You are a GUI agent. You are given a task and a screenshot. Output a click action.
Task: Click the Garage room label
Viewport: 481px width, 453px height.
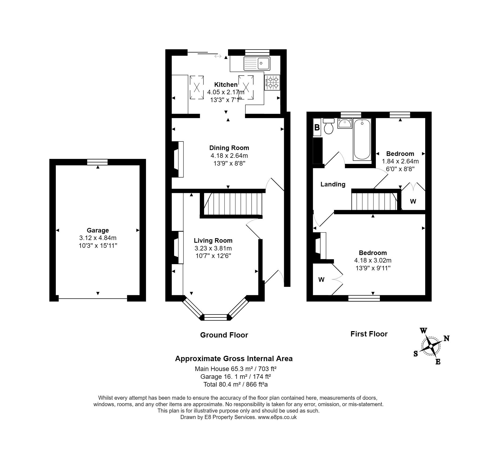(x=98, y=230)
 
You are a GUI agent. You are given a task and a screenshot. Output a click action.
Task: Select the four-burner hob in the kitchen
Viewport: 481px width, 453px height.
(x=272, y=82)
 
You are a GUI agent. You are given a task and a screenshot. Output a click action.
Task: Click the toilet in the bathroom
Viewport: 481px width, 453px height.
(x=329, y=126)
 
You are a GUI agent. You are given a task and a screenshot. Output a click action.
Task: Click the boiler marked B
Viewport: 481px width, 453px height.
(x=317, y=128)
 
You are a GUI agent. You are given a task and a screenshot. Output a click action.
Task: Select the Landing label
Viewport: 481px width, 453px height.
(x=333, y=184)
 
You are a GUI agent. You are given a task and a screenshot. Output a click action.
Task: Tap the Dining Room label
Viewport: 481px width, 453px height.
(x=229, y=148)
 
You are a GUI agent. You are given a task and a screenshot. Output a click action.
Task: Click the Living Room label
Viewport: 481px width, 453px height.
(x=213, y=241)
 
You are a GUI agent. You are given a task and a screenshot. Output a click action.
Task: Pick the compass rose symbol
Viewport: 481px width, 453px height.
(x=431, y=346)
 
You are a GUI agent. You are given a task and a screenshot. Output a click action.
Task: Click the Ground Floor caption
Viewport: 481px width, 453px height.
(x=224, y=335)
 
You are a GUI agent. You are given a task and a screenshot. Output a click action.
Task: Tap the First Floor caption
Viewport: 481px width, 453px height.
(x=369, y=334)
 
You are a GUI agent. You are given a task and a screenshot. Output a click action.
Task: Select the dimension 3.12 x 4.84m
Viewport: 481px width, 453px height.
(x=98, y=238)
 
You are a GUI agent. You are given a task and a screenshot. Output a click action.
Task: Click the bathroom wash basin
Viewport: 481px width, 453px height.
(x=344, y=123)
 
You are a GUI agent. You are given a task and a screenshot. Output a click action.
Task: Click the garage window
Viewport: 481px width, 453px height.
(x=97, y=162)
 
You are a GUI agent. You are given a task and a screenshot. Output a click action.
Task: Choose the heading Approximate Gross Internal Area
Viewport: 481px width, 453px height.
(x=234, y=359)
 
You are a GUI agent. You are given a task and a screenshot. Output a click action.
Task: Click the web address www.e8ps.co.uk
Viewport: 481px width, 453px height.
(x=277, y=417)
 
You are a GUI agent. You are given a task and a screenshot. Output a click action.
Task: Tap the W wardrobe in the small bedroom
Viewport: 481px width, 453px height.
(x=413, y=201)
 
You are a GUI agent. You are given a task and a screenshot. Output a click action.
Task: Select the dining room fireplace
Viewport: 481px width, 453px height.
(x=177, y=159)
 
